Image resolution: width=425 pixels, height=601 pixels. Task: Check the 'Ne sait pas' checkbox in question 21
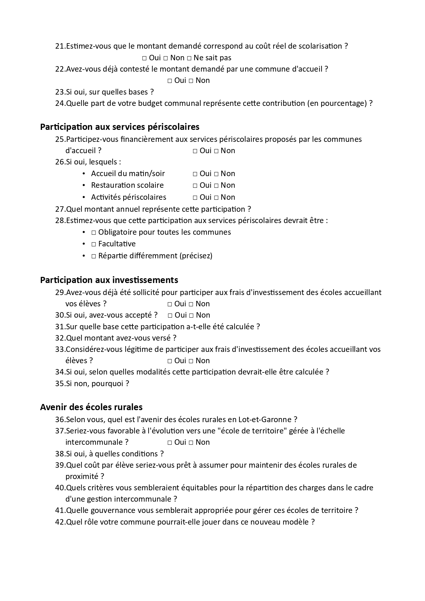click(189, 58)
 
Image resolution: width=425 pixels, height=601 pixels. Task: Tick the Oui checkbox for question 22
click(170, 81)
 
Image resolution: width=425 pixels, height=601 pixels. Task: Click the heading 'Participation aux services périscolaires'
click(120, 127)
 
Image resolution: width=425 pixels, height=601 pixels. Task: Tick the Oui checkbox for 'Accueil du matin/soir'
click(195, 174)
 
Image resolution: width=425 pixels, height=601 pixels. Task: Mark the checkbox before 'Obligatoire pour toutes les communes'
click(93, 233)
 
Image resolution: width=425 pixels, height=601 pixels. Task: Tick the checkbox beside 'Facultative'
click(93, 244)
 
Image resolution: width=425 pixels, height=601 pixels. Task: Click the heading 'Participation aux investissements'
click(109, 280)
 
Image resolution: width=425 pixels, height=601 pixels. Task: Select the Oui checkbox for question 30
click(170, 316)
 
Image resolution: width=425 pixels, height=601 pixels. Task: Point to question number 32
click(60, 338)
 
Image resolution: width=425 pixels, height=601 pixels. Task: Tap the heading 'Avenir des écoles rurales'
click(91, 407)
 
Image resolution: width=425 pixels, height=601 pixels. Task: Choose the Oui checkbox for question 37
click(170, 443)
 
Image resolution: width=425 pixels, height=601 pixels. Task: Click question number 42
click(60, 522)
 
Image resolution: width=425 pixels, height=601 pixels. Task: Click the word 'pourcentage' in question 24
click(343, 103)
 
